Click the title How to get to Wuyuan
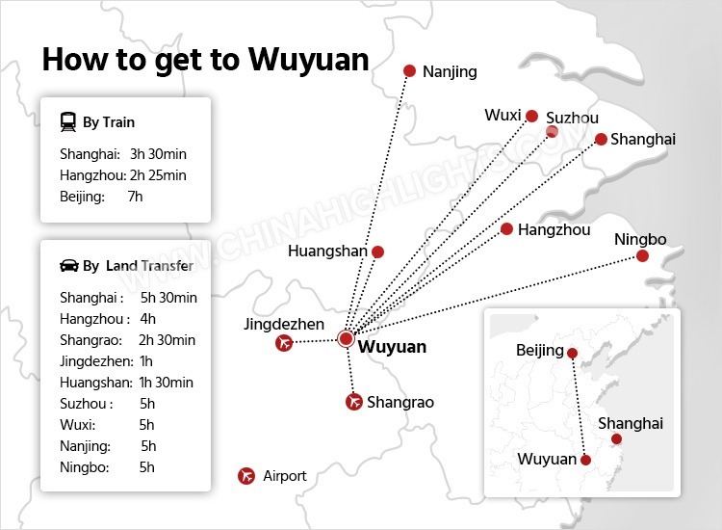205,60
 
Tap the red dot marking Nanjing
409,70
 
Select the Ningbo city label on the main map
640,239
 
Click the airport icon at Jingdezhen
283,343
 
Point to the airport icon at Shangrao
353,402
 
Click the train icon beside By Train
68,122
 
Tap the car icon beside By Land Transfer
68,266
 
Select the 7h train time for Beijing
135,197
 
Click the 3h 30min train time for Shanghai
157,154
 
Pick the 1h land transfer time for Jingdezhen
145,360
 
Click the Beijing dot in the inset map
572,352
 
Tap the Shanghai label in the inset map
631,423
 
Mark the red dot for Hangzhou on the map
506,229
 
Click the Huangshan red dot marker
377,252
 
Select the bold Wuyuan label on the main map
392,347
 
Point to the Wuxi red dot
530,116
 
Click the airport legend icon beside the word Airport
246,476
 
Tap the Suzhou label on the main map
572,118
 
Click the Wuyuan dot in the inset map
585,461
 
